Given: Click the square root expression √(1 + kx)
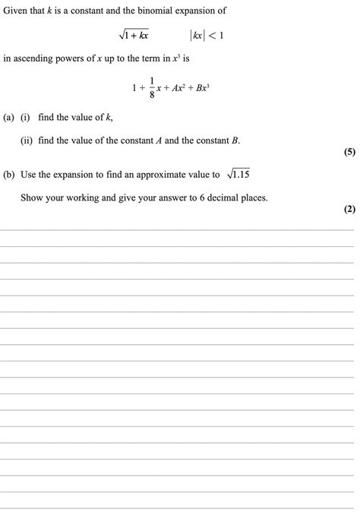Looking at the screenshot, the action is coord(132,35).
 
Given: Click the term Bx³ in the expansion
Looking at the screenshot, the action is coord(200,88).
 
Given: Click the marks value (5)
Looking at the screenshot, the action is coord(349,152).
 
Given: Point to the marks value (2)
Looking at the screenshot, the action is coord(349,210).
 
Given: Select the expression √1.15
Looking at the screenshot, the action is coord(238,175).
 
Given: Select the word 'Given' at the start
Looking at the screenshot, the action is coord(15,11).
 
